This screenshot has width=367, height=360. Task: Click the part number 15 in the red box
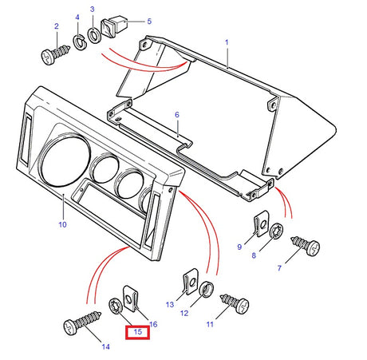(137, 331)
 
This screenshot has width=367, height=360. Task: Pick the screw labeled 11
(235, 301)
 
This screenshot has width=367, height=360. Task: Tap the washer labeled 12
(206, 289)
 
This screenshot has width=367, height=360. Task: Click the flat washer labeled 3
(94, 34)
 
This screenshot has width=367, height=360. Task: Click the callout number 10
(62, 224)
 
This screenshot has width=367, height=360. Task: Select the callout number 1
(226, 41)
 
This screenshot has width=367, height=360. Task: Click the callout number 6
(177, 115)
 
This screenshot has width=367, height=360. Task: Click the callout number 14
(106, 346)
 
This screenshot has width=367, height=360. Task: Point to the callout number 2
(57, 27)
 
